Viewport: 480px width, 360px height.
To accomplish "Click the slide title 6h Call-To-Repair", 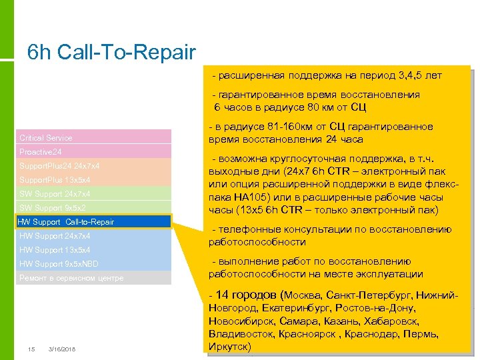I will coord(111,52).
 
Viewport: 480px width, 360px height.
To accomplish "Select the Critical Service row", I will coord(93,137).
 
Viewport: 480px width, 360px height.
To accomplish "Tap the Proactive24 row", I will coord(93,152).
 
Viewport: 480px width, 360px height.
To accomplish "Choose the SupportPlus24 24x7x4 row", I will coord(93,166).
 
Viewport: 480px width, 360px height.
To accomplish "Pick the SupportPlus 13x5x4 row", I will coord(93,180).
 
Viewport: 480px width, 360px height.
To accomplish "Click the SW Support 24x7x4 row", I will coord(93,194).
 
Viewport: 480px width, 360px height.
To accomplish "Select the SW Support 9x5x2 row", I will coord(93,208).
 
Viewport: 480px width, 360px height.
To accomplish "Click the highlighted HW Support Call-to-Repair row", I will coord(93,222).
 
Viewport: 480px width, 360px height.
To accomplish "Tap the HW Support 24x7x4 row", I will coord(93,236).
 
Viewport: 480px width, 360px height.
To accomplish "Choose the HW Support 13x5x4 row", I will coord(93,250).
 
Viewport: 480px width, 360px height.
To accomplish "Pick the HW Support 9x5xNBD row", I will coord(93,264).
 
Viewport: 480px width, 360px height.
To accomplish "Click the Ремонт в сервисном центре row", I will coord(93,278).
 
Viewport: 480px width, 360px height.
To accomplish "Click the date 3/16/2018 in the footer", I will coord(62,349).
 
